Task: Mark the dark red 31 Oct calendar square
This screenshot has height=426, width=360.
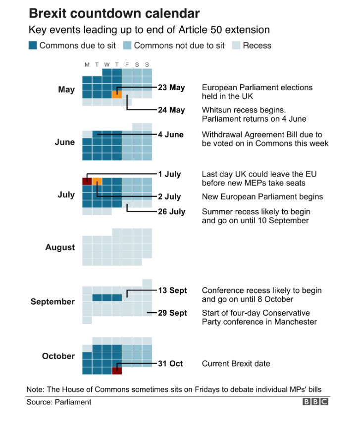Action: coord(117,371)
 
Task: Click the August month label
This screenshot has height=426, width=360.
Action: coord(60,247)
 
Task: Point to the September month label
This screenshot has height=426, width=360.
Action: coord(52,302)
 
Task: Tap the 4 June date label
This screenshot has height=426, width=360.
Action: coord(171,135)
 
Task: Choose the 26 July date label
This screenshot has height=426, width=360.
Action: coord(171,212)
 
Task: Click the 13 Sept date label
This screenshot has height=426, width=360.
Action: coord(172,290)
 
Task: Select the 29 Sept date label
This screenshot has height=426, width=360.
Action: coord(173,313)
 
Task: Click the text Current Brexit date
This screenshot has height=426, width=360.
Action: coord(236,364)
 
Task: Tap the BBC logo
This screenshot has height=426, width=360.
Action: coord(315,402)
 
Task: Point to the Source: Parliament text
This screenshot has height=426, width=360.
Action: coord(58,402)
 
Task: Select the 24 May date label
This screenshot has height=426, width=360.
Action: coord(171,110)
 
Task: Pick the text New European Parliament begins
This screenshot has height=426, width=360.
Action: coord(262,197)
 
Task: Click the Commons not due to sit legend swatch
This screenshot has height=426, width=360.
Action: coord(127,46)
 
